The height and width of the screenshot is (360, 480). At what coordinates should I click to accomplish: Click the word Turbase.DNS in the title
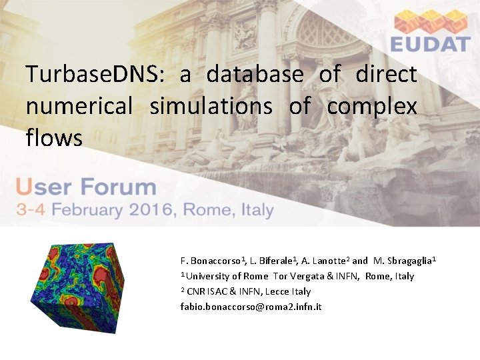tap(91, 74)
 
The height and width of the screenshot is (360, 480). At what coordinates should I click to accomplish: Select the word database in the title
tap(255, 74)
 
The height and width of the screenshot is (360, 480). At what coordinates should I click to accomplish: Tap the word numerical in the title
tap(79, 106)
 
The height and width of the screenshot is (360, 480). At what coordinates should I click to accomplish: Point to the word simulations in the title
tap(211, 106)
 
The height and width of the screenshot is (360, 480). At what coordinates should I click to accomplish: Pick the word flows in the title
tap(54, 138)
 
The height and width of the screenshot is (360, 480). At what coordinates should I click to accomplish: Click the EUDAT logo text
tap(431, 45)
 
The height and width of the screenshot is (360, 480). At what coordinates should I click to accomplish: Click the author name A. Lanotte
tap(324, 260)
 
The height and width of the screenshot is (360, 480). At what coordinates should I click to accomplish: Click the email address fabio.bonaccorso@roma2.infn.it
tap(251, 307)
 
